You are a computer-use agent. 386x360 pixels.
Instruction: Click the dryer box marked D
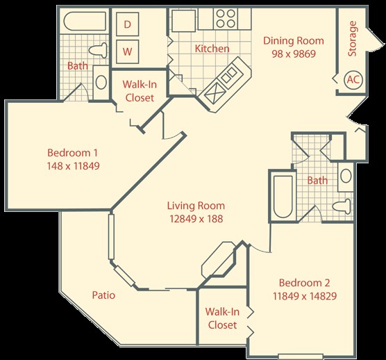(127, 24)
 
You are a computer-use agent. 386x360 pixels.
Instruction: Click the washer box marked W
(127, 51)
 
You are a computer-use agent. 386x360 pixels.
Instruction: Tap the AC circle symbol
(353, 80)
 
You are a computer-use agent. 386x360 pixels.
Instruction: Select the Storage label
(352, 39)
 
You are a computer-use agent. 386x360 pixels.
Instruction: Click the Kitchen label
(212, 49)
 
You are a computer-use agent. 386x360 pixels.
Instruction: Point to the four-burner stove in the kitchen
(226, 19)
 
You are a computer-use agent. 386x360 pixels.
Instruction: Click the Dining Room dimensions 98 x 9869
(294, 54)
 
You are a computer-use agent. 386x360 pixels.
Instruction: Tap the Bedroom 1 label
(72, 152)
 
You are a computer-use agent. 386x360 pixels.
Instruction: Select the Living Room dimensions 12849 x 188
(196, 218)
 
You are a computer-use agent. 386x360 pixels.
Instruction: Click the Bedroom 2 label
(304, 283)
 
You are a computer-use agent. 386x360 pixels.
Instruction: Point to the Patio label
(103, 295)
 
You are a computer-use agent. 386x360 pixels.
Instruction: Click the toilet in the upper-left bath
(98, 50)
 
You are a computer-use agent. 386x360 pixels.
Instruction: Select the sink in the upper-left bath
(101, 82)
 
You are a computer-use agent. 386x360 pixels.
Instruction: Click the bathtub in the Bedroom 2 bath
(283, 197)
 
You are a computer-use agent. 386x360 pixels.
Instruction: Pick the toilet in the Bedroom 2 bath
(342, 206)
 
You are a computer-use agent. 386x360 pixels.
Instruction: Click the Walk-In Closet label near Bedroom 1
(140, 91)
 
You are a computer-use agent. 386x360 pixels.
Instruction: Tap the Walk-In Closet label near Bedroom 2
(222, 318)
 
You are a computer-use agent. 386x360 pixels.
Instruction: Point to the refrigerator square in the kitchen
(184, 21)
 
